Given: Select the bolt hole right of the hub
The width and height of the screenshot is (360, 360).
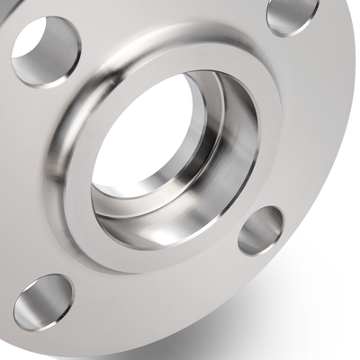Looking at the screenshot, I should (261, 230).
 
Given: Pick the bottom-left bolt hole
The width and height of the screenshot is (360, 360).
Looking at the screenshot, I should (43, 301).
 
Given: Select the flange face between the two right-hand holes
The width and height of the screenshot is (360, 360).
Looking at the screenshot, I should (297, 117).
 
